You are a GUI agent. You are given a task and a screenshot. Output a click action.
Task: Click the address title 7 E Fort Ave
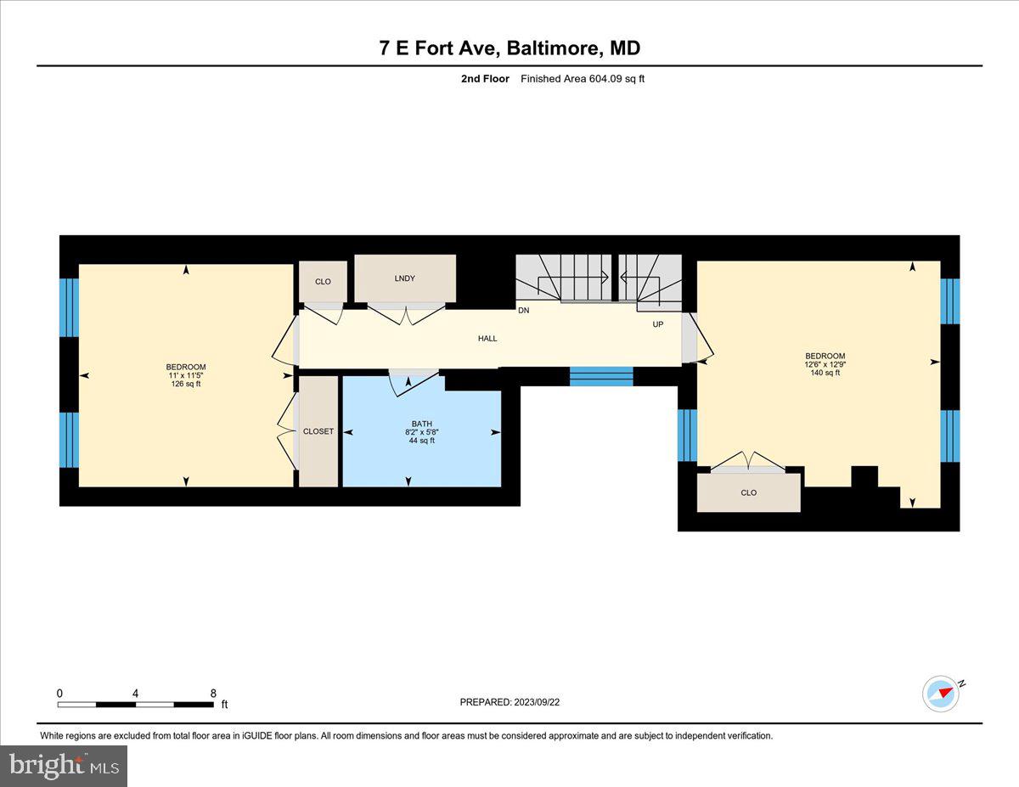[x=509, y=48]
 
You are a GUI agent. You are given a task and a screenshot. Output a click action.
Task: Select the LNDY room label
[x=405, y=278]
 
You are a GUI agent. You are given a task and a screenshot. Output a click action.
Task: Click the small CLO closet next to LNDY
[x=323, y=281]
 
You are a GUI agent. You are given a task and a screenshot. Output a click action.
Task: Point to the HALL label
[x=487, y=339]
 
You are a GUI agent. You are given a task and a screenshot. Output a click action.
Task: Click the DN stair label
[x=524, y=311]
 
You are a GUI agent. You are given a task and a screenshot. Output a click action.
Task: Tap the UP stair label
[x=658, y=324]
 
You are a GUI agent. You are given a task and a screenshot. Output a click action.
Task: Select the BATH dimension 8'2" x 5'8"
[x=421, y=432]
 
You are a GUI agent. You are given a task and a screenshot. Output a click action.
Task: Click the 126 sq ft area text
[x=186, y=384]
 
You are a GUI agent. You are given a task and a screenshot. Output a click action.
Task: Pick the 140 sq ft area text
[x=825, y=373]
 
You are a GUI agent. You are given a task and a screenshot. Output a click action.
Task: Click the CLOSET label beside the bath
[x=318, y=431]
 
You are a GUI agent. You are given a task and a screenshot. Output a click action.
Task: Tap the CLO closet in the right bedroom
[x=748, y=492]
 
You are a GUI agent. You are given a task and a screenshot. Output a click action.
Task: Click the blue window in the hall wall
[x=601, y=376]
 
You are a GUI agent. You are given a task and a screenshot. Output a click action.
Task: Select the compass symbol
[x=941, y=693]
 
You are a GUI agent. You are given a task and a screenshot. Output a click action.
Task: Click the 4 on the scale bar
[x=136, y=693]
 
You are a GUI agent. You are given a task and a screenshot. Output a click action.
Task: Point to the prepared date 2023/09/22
[x=510, y=702]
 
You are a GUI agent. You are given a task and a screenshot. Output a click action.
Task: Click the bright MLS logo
[x=65, y=766]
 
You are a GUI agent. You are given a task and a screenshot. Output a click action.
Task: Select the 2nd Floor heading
[x=485, y=79]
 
